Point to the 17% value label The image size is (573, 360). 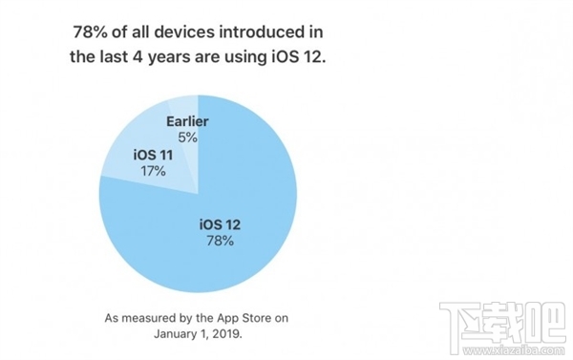coord(152,171)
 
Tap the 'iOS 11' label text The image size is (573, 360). coord(152,155)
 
